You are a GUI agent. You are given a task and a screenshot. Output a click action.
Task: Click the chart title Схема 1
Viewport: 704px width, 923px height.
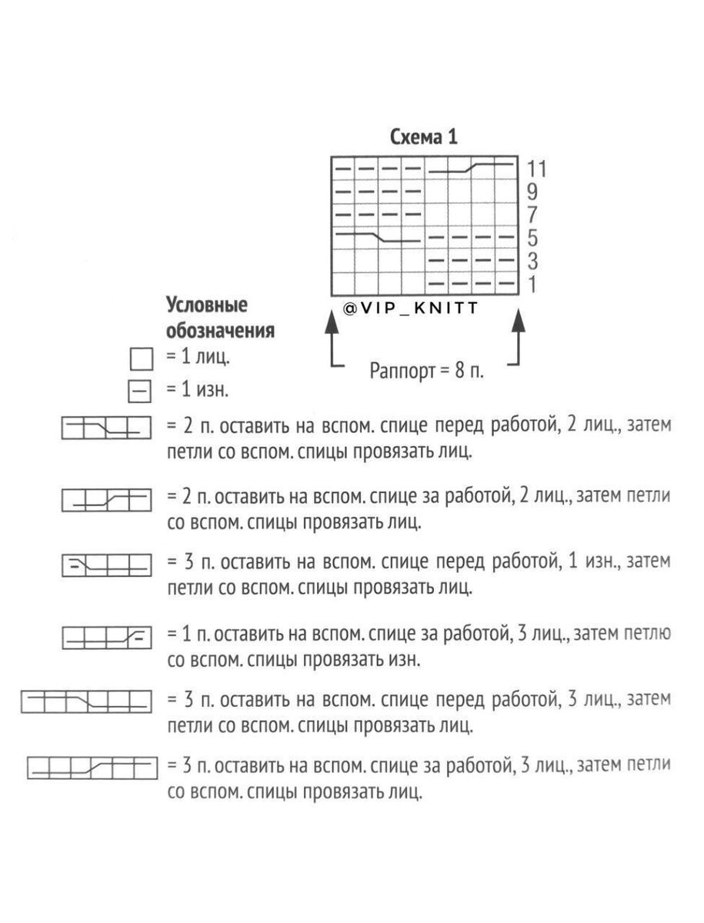pos(423,138)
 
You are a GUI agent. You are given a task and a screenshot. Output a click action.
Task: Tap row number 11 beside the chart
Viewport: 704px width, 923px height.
pos(536,168)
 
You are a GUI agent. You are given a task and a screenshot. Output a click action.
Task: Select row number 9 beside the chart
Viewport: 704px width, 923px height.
pos(533,192)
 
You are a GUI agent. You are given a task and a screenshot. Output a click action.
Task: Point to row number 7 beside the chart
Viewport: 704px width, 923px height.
pos(533,215)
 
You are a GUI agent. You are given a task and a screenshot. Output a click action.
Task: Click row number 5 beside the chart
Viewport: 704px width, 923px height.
pos(533,238)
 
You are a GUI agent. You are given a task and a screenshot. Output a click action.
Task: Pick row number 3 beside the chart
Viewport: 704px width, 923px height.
pos(533,262)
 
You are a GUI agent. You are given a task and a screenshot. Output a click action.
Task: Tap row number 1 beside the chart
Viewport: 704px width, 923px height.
pos(533,285)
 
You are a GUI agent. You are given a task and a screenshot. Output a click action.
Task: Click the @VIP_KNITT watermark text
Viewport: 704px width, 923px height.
pos(411,308)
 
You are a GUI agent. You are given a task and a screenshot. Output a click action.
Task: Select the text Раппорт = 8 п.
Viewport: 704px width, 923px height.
pos(427,370)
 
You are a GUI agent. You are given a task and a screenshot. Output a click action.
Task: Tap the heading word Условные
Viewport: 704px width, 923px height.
pos(208,305)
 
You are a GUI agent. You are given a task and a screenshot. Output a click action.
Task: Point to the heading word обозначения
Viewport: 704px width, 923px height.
pos(221,332)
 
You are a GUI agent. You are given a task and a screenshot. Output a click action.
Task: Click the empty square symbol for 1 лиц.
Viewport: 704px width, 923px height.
pos(140,358)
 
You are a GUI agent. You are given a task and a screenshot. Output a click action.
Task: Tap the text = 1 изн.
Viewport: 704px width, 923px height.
pos(197,392)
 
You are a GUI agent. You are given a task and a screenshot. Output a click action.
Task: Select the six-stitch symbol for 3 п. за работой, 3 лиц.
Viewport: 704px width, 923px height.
pos(91,767)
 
